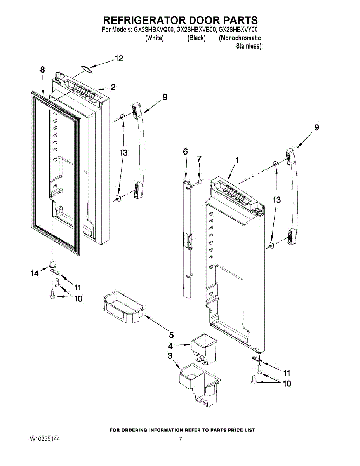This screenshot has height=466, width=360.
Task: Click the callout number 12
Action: coord(118,59)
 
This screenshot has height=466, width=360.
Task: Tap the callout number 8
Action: coord(42,70)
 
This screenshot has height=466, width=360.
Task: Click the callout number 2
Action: coord(113,87)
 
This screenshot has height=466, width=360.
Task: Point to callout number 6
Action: coord(185,151)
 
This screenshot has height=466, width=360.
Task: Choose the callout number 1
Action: coord(237,160)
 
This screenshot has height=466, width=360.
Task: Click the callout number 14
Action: coord(35,274)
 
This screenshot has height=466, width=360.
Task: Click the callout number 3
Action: coord(170,356)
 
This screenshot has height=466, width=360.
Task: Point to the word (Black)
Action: coord(196,38)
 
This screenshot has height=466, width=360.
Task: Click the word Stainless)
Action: coord(249,46)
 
